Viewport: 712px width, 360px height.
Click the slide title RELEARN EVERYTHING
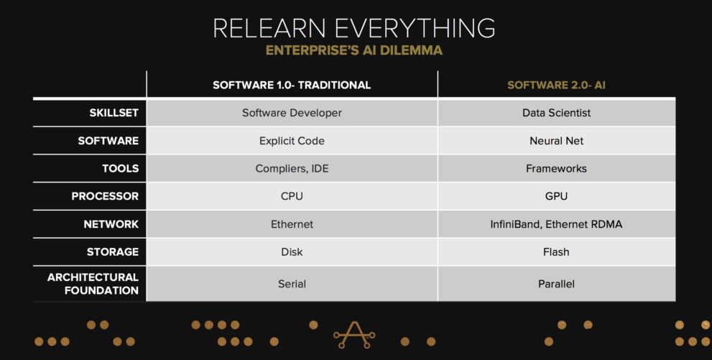(353, 28)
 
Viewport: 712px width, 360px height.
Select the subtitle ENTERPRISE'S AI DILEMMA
(353, 50)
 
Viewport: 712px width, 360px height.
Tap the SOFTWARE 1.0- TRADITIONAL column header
(292, 85)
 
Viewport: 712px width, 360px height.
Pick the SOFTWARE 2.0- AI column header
(556, 85)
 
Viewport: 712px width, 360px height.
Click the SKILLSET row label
(114, 113)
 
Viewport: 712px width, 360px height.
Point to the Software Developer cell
(292, 113)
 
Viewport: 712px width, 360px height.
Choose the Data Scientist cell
(556, 113)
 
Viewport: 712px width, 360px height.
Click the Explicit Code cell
(292, 141)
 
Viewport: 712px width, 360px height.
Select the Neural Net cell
(556, 141)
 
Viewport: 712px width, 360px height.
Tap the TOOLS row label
(120, 168)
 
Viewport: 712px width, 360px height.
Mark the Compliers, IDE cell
(292, 169)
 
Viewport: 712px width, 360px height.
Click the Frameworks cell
(556, 168)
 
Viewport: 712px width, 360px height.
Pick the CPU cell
(292, 196)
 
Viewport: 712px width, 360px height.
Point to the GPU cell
(556, 196)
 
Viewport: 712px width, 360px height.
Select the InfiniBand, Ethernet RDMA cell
(556, 224)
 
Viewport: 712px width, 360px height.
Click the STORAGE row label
(113, 252)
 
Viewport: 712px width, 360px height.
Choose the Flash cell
(556, 252)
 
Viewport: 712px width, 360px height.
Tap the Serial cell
(292, 284)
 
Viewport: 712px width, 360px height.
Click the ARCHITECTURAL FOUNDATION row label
(93, 284)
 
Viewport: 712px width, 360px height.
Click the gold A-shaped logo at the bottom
(354, 335)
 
